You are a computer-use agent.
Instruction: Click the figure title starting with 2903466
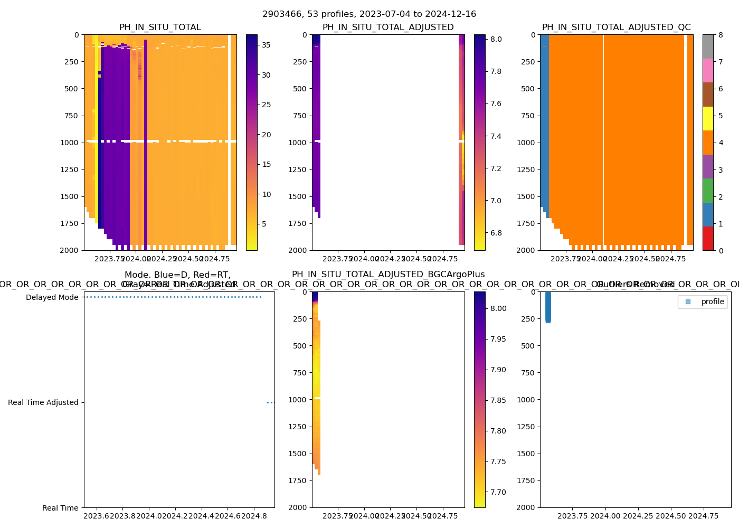369,14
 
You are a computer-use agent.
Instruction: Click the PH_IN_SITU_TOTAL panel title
160,27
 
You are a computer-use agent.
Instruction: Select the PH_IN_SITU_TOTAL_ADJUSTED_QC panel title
616,27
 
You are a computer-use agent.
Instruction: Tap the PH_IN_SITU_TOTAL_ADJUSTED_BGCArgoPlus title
388,275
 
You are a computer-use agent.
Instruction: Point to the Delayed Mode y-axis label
52,297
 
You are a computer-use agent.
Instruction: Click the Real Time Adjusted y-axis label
43,402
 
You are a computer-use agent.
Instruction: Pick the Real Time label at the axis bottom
60,508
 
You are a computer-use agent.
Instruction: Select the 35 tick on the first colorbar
267,45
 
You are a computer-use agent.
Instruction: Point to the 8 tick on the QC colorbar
720,35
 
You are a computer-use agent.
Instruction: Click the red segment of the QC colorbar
708,238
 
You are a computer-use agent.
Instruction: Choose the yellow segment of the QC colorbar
708,118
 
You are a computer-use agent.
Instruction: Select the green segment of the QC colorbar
708,190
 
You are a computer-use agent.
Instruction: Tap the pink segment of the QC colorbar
708,70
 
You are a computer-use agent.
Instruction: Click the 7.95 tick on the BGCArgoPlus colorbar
497,339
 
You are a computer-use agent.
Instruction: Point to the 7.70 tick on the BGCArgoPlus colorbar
497,492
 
